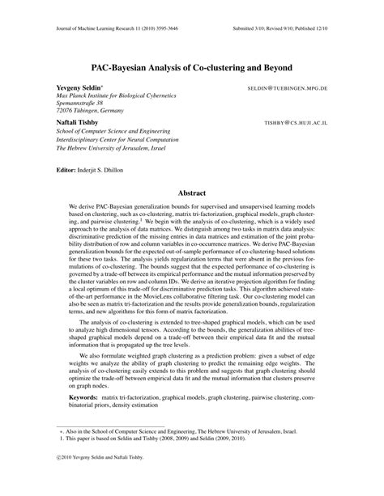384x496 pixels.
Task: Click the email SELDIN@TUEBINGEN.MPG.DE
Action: tap(300, 83)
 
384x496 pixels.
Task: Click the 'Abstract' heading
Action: tap(192, 193)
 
